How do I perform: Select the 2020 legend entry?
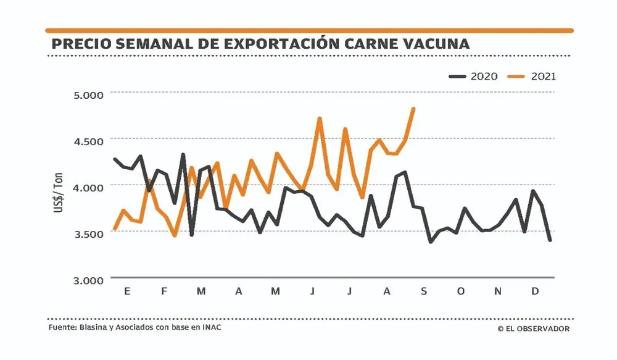coord(474,77)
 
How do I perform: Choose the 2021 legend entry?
coord(532,77)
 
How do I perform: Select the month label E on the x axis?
coord(127,291)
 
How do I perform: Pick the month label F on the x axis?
coord(164,291)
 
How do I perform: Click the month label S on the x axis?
coord(424,291)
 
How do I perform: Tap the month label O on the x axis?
coord(460,291)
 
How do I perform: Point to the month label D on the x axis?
coord(534,291)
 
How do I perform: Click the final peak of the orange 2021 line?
coord(413,109)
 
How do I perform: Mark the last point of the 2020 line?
coord(550,240)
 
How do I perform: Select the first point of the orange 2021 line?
coord(115,229)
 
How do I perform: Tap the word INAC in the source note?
coord(211,327)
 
